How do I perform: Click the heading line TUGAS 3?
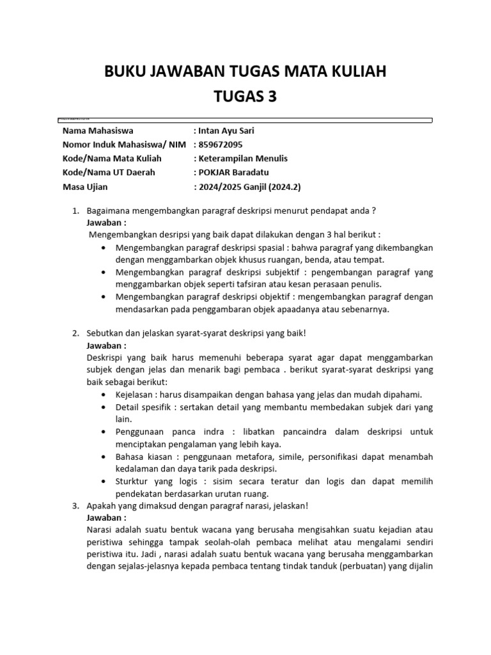[245, 96]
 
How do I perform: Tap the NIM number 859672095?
[221, 145]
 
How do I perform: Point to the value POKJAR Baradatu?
[233, 172]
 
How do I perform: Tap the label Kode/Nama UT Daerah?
[109, 172]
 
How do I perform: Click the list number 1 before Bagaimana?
[74, 211]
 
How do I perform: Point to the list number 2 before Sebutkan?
[74, 333]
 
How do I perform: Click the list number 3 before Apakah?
[74, 506]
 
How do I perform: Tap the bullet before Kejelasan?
[104, 395]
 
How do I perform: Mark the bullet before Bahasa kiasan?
[104, 457]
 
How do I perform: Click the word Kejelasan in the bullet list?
[135, 395]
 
